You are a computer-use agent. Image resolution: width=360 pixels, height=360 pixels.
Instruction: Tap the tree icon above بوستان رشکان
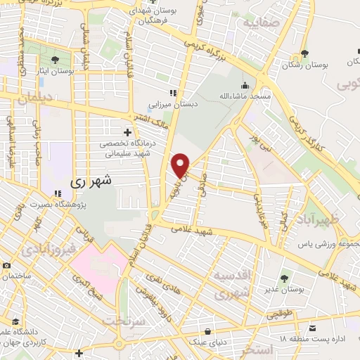click(x=304, y=53)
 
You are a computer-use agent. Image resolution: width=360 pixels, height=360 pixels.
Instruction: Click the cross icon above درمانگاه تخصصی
click(x=127, y=131)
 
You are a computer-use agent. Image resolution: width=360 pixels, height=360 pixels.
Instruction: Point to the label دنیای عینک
click(x=207, y=342)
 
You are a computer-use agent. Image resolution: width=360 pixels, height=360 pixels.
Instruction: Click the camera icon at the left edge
click(x=6, y=266)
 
